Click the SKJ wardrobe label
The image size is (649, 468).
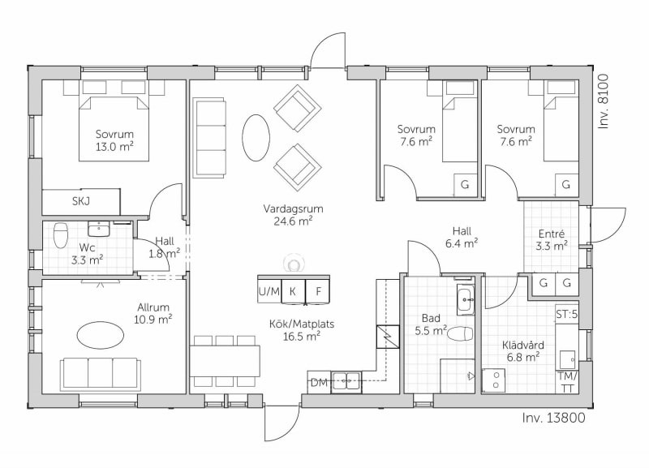click(81, 201)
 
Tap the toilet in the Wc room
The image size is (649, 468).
click(61, 235)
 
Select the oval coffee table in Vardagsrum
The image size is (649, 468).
click(256, 137)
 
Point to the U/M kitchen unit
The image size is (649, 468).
click(269, 291)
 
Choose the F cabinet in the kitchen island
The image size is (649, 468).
click(318, 291)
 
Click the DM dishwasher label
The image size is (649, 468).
click(319, 383)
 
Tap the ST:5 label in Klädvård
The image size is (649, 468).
click(566, 315)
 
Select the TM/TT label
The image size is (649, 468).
click(567, 382)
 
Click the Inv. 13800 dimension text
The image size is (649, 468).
click(554, 418)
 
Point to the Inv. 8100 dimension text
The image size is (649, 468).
click(604, 101)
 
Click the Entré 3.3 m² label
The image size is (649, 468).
click(552, 240)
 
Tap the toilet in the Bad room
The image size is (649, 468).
click(461, 333)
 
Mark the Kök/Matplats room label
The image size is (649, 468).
click(302, 324)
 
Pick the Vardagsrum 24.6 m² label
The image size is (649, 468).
click(293, 215)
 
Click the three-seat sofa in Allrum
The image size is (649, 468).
click(100, 373)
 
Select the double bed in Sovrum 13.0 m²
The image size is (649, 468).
click(114, 128)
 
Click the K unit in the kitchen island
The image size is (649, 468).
click(294, 291)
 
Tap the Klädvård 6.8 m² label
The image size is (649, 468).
click(523, 351)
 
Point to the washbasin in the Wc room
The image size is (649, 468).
click(98, 228)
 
